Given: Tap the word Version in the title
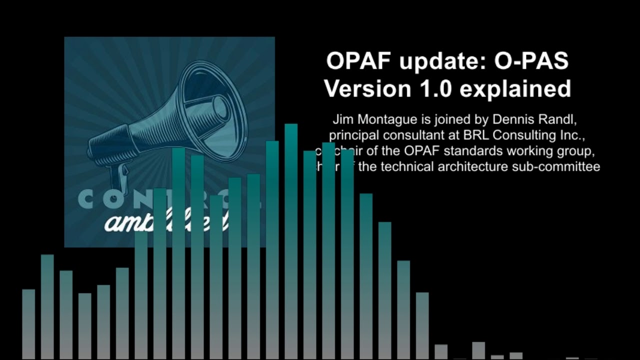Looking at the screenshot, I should pos(360,89).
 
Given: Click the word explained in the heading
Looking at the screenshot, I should pos(515,89).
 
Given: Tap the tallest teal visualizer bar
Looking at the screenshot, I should pos(291,240).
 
